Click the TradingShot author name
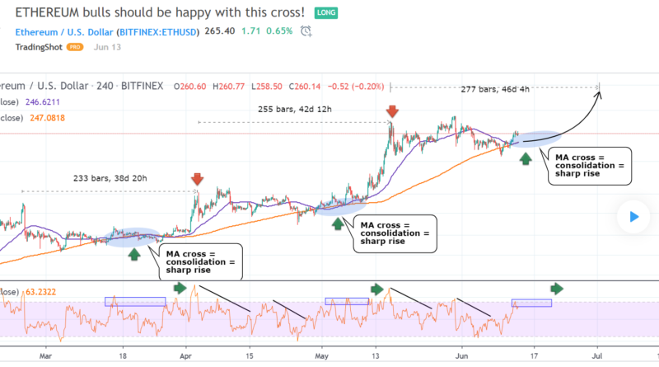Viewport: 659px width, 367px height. pyautogui.click(x=42, y=47)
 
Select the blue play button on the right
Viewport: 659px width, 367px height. pyautogui.click(x=633, y=217)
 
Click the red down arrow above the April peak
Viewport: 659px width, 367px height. pyautogui.click(x=197, y=179)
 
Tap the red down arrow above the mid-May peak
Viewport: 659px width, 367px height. pyautogui.click(x=392, y=111)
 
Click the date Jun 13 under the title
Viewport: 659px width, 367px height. pyautogui.click(x=108, y=47)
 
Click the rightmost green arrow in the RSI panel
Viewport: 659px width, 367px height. pyautogui.click(x=557, y=288)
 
